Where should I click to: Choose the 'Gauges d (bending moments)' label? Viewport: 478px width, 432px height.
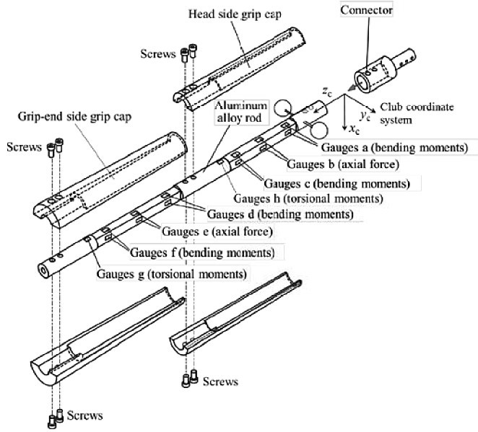pyautogui.click(x=280, y=214)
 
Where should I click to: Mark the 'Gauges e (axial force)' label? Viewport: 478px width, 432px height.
pyautogui.click(x=225, y=232)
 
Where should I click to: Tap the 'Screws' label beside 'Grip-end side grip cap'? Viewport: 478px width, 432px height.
pyautogui.click(x=22, y=147)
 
